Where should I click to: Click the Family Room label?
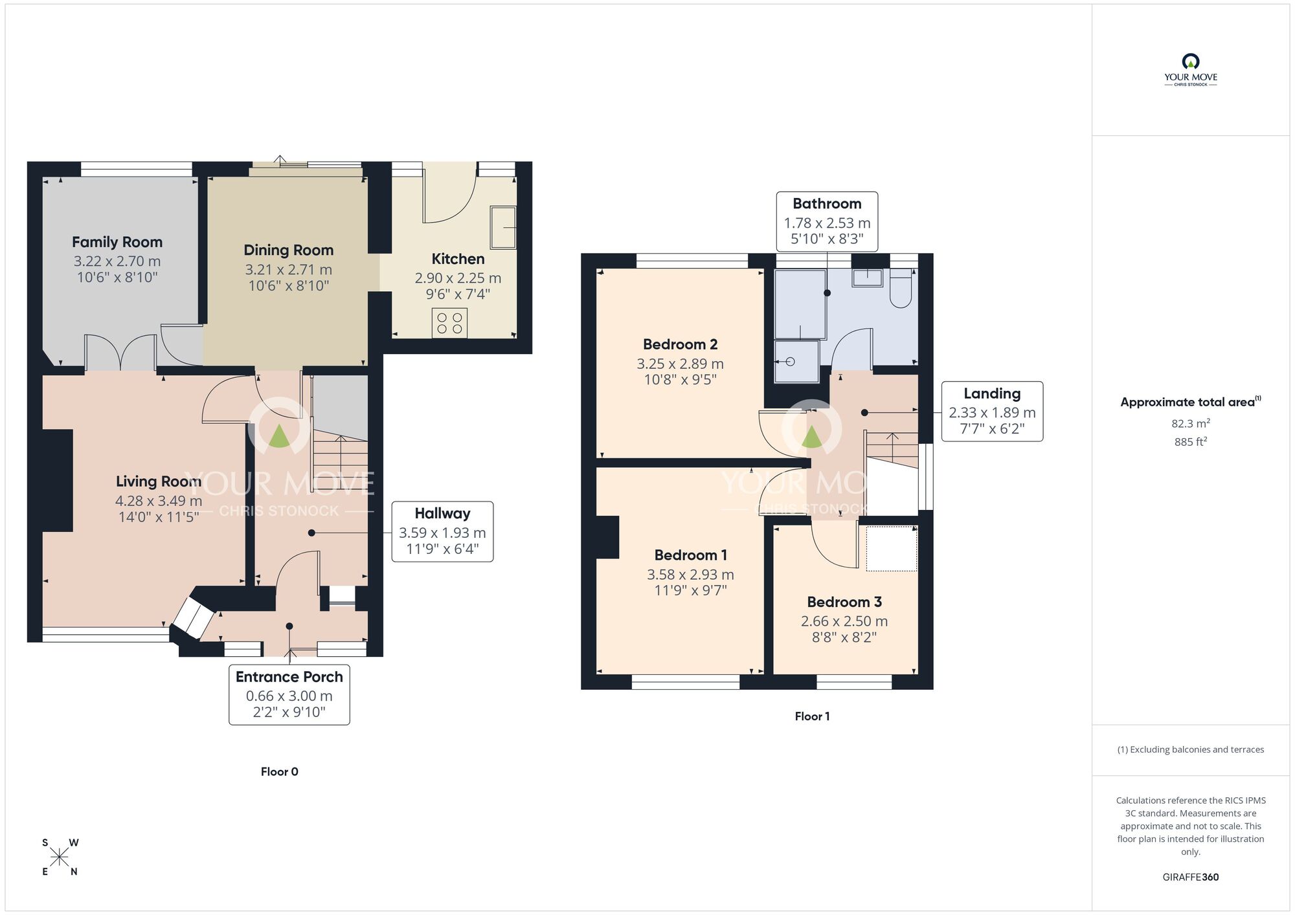point(117,242)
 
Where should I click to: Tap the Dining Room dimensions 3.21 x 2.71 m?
point(288,270)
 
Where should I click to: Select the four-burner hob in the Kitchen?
point(449,324)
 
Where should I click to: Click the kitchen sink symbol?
point(503,227)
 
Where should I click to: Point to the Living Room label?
point(159,481)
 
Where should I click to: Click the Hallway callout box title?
point(442,514)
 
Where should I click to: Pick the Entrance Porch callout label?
point(289,677)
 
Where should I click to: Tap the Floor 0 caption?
point(279,771)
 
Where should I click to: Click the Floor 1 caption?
point(812,716)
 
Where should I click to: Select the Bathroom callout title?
point(827,204)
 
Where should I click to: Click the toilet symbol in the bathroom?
point(901,288)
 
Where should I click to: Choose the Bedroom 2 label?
point(680,344)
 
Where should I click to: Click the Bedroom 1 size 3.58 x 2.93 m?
point(690,575)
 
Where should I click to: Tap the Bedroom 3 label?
point(844,602)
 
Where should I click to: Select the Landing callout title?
point(992,393)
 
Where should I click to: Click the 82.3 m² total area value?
point(1190,424)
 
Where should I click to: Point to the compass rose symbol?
point(60,857)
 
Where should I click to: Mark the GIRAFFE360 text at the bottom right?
point(1190,877)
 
